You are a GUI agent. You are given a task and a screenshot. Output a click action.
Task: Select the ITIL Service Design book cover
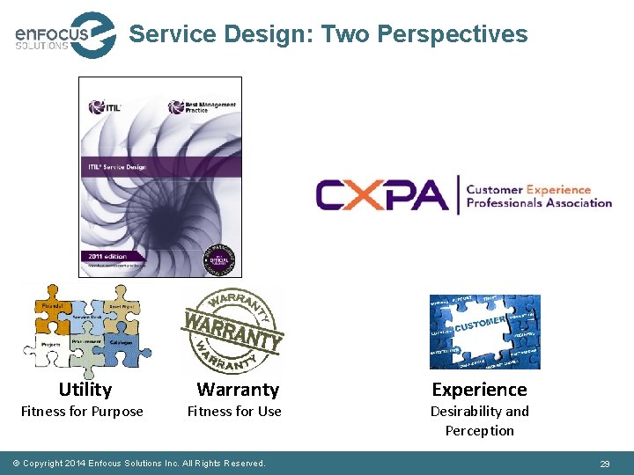pos(159,176)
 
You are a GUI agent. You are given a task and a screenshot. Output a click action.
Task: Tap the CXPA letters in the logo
pos(381,195)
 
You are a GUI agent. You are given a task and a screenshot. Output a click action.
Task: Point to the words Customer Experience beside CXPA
pos(528,189)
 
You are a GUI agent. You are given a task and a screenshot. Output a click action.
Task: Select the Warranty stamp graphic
pos(233,330)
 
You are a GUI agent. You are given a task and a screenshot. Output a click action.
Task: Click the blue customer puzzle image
pos(484,332)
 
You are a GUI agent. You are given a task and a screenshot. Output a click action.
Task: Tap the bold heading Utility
pos(85,390)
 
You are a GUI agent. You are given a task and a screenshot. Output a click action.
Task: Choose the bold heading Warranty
pos(238,390)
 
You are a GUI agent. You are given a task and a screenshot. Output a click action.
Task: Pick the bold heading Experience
pos(479,390)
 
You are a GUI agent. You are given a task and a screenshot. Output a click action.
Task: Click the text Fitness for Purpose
pos(82,412)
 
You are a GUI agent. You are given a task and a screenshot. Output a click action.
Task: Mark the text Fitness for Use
pos(234,412)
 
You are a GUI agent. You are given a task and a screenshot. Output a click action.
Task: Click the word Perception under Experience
pos(479,431)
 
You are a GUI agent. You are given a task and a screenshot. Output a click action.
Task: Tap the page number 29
pos(605,464)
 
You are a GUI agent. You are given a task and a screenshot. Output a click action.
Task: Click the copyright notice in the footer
pos(144,464)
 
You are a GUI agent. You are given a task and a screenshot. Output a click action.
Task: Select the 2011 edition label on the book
pos(107,255)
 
